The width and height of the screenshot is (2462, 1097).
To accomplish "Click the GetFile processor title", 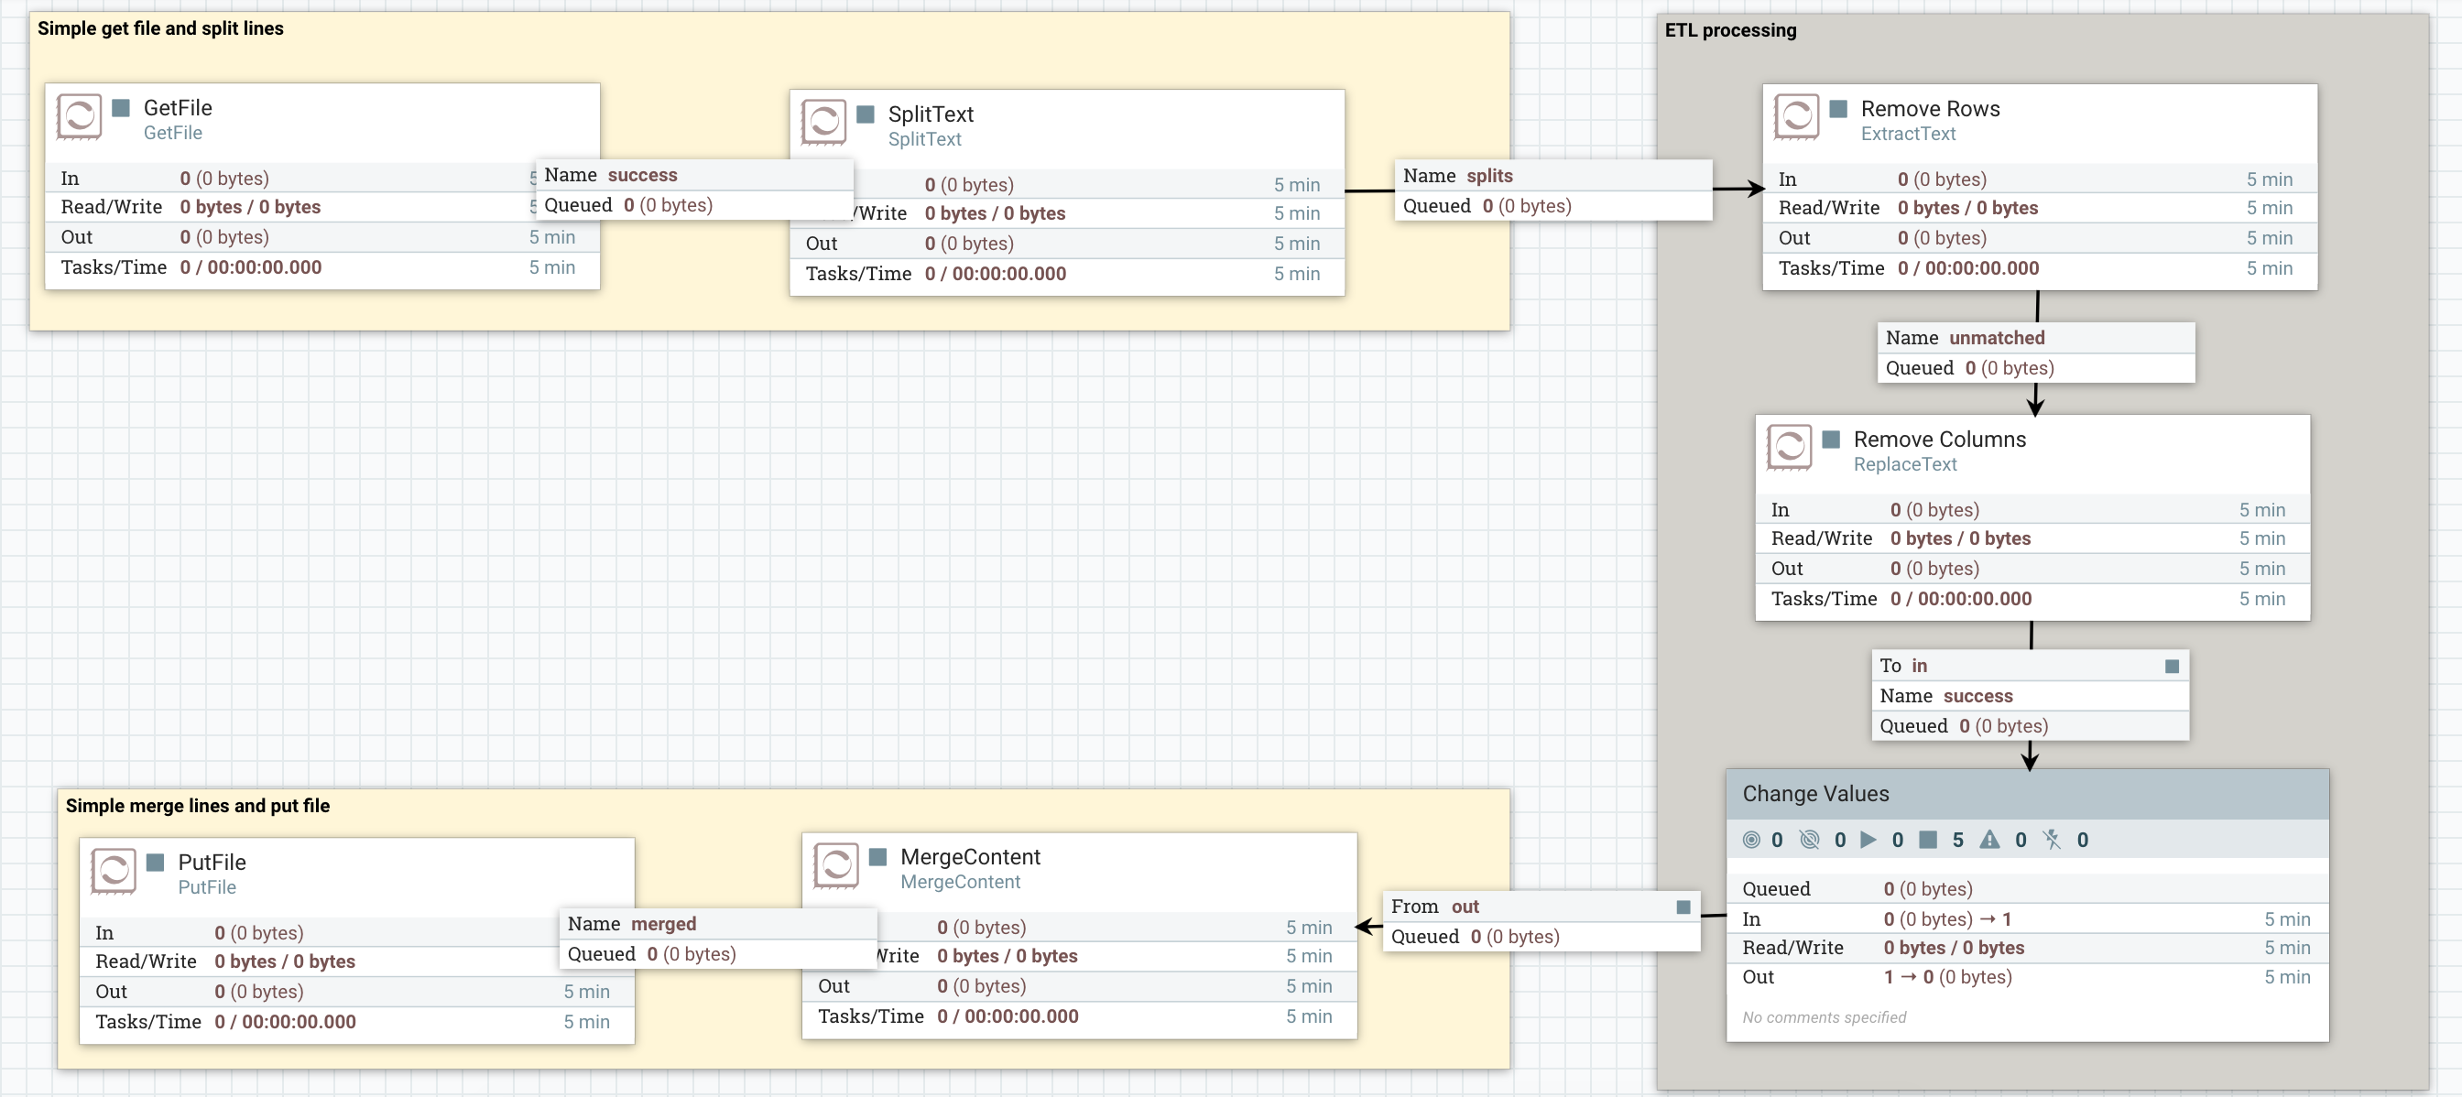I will pyautogui.click(x=178, y=108).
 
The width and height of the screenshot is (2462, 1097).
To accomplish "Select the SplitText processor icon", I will pyautogui.click(x=822, y=122).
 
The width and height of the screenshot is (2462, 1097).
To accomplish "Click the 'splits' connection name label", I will pyautogui.click(x=1489, y=176).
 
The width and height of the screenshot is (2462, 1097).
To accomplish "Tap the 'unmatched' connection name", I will pyautogui.click(x=1997, y=337).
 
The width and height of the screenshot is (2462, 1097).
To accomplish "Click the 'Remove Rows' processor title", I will pyautogui.click(x=1930, y=109).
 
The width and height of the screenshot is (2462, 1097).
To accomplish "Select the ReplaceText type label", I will pyautogui.click(x=1905, y=464).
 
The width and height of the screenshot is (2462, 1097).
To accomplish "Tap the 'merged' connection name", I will pyautogui.click(x=663, y=924).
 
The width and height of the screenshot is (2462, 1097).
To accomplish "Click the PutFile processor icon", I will pyautogui.click(x=113, y=870).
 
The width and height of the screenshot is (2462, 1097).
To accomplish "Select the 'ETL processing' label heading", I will pyautogui.click(x=1730, y=30).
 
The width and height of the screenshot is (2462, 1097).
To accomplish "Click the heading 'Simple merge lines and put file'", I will pyautogui.click(x=197, y=806).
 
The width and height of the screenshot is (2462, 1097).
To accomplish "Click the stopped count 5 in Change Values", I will pyautogui.click(x=1957, y=840).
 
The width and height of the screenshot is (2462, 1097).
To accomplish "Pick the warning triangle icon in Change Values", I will pyautogui.click(x=1988, y=840).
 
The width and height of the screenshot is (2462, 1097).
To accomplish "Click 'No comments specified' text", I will pyautogui.click(x=1824, y=1017).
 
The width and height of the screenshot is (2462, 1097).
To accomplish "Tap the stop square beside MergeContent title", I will pyautogui.click(x=877, y=857).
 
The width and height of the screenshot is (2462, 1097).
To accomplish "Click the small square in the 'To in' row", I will pyautogui.click(x=2172, y=666).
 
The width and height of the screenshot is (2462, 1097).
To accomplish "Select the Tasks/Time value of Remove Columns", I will pyautogui.click(x=1960, y=599).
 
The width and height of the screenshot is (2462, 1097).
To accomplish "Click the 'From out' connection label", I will pyautogui.click(x=1434, y=907).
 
